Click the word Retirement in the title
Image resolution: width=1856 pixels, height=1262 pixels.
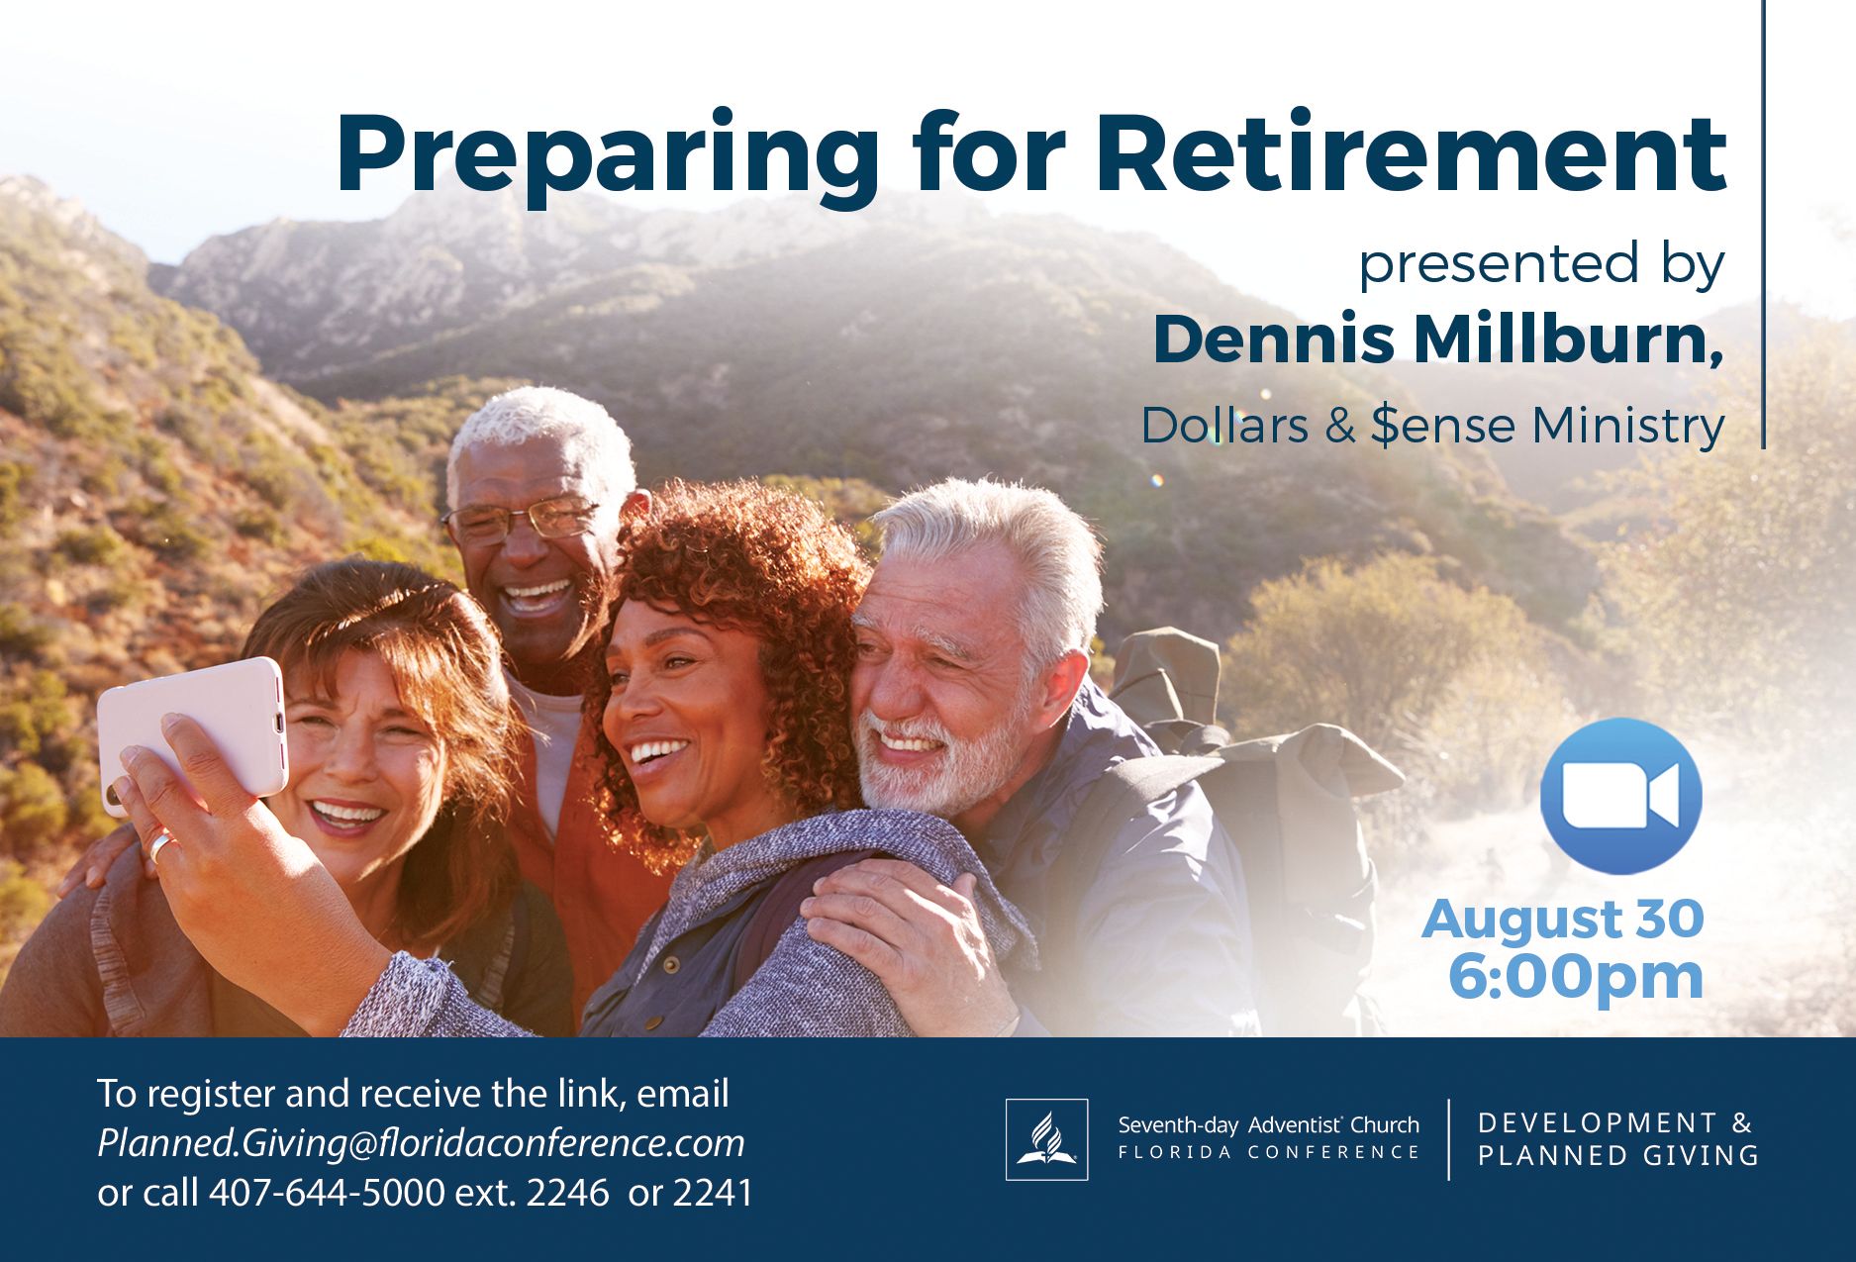(1412, 154)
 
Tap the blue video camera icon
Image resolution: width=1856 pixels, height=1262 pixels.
(1620, 796)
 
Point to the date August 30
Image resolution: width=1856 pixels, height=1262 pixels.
(1562, 919)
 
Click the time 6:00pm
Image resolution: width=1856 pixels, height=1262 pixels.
(1576, 976)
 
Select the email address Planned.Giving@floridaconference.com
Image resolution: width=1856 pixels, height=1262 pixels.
(421, 1143)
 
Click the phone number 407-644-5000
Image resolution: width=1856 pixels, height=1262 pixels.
(327, 1193)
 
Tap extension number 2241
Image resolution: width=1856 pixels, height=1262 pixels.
(713, 1193)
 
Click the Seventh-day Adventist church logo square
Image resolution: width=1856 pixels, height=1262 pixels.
(1046, 1139)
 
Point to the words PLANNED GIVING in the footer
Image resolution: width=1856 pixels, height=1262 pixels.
(1618, 1155)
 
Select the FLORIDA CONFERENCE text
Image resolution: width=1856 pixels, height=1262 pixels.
(1269, 1152)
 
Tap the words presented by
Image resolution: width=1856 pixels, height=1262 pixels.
(1541, 265)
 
